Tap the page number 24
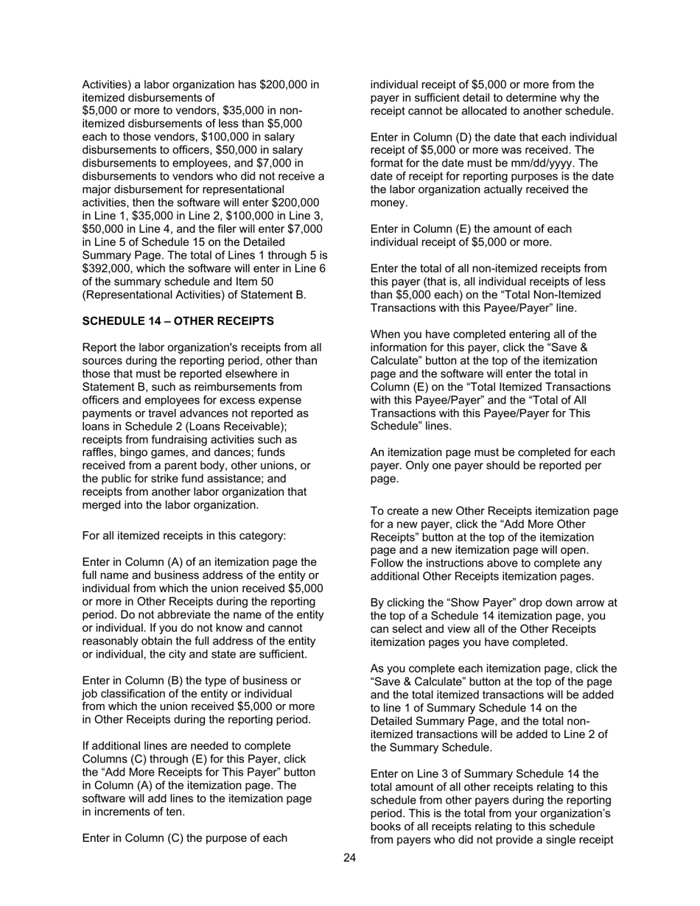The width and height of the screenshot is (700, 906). point(349,857)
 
